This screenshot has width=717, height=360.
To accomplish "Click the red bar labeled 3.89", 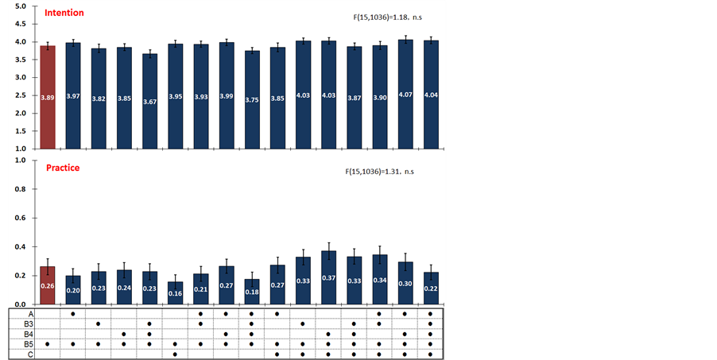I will tap(48, 97).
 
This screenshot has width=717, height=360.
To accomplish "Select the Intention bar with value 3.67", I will tap(149, 101).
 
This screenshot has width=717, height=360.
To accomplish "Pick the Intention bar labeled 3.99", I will tap(227, 95).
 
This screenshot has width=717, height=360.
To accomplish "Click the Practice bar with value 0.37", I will tap(328, 278).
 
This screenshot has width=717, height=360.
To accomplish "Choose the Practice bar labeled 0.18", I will tap(252, 292).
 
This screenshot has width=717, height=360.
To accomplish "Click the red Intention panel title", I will tap(64, 14).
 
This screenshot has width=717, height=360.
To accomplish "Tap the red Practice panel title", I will tap(62, 168).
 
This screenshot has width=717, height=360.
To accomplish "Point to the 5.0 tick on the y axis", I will tap(21, 6).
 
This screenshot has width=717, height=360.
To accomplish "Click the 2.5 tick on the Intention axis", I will tap(21, 95).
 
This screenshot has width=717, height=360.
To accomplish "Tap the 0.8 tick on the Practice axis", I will tap(21, 189).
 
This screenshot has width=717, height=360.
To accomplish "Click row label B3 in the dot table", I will tap(29, 323).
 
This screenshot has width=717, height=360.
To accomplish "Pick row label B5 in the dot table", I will tap(29, 344).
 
